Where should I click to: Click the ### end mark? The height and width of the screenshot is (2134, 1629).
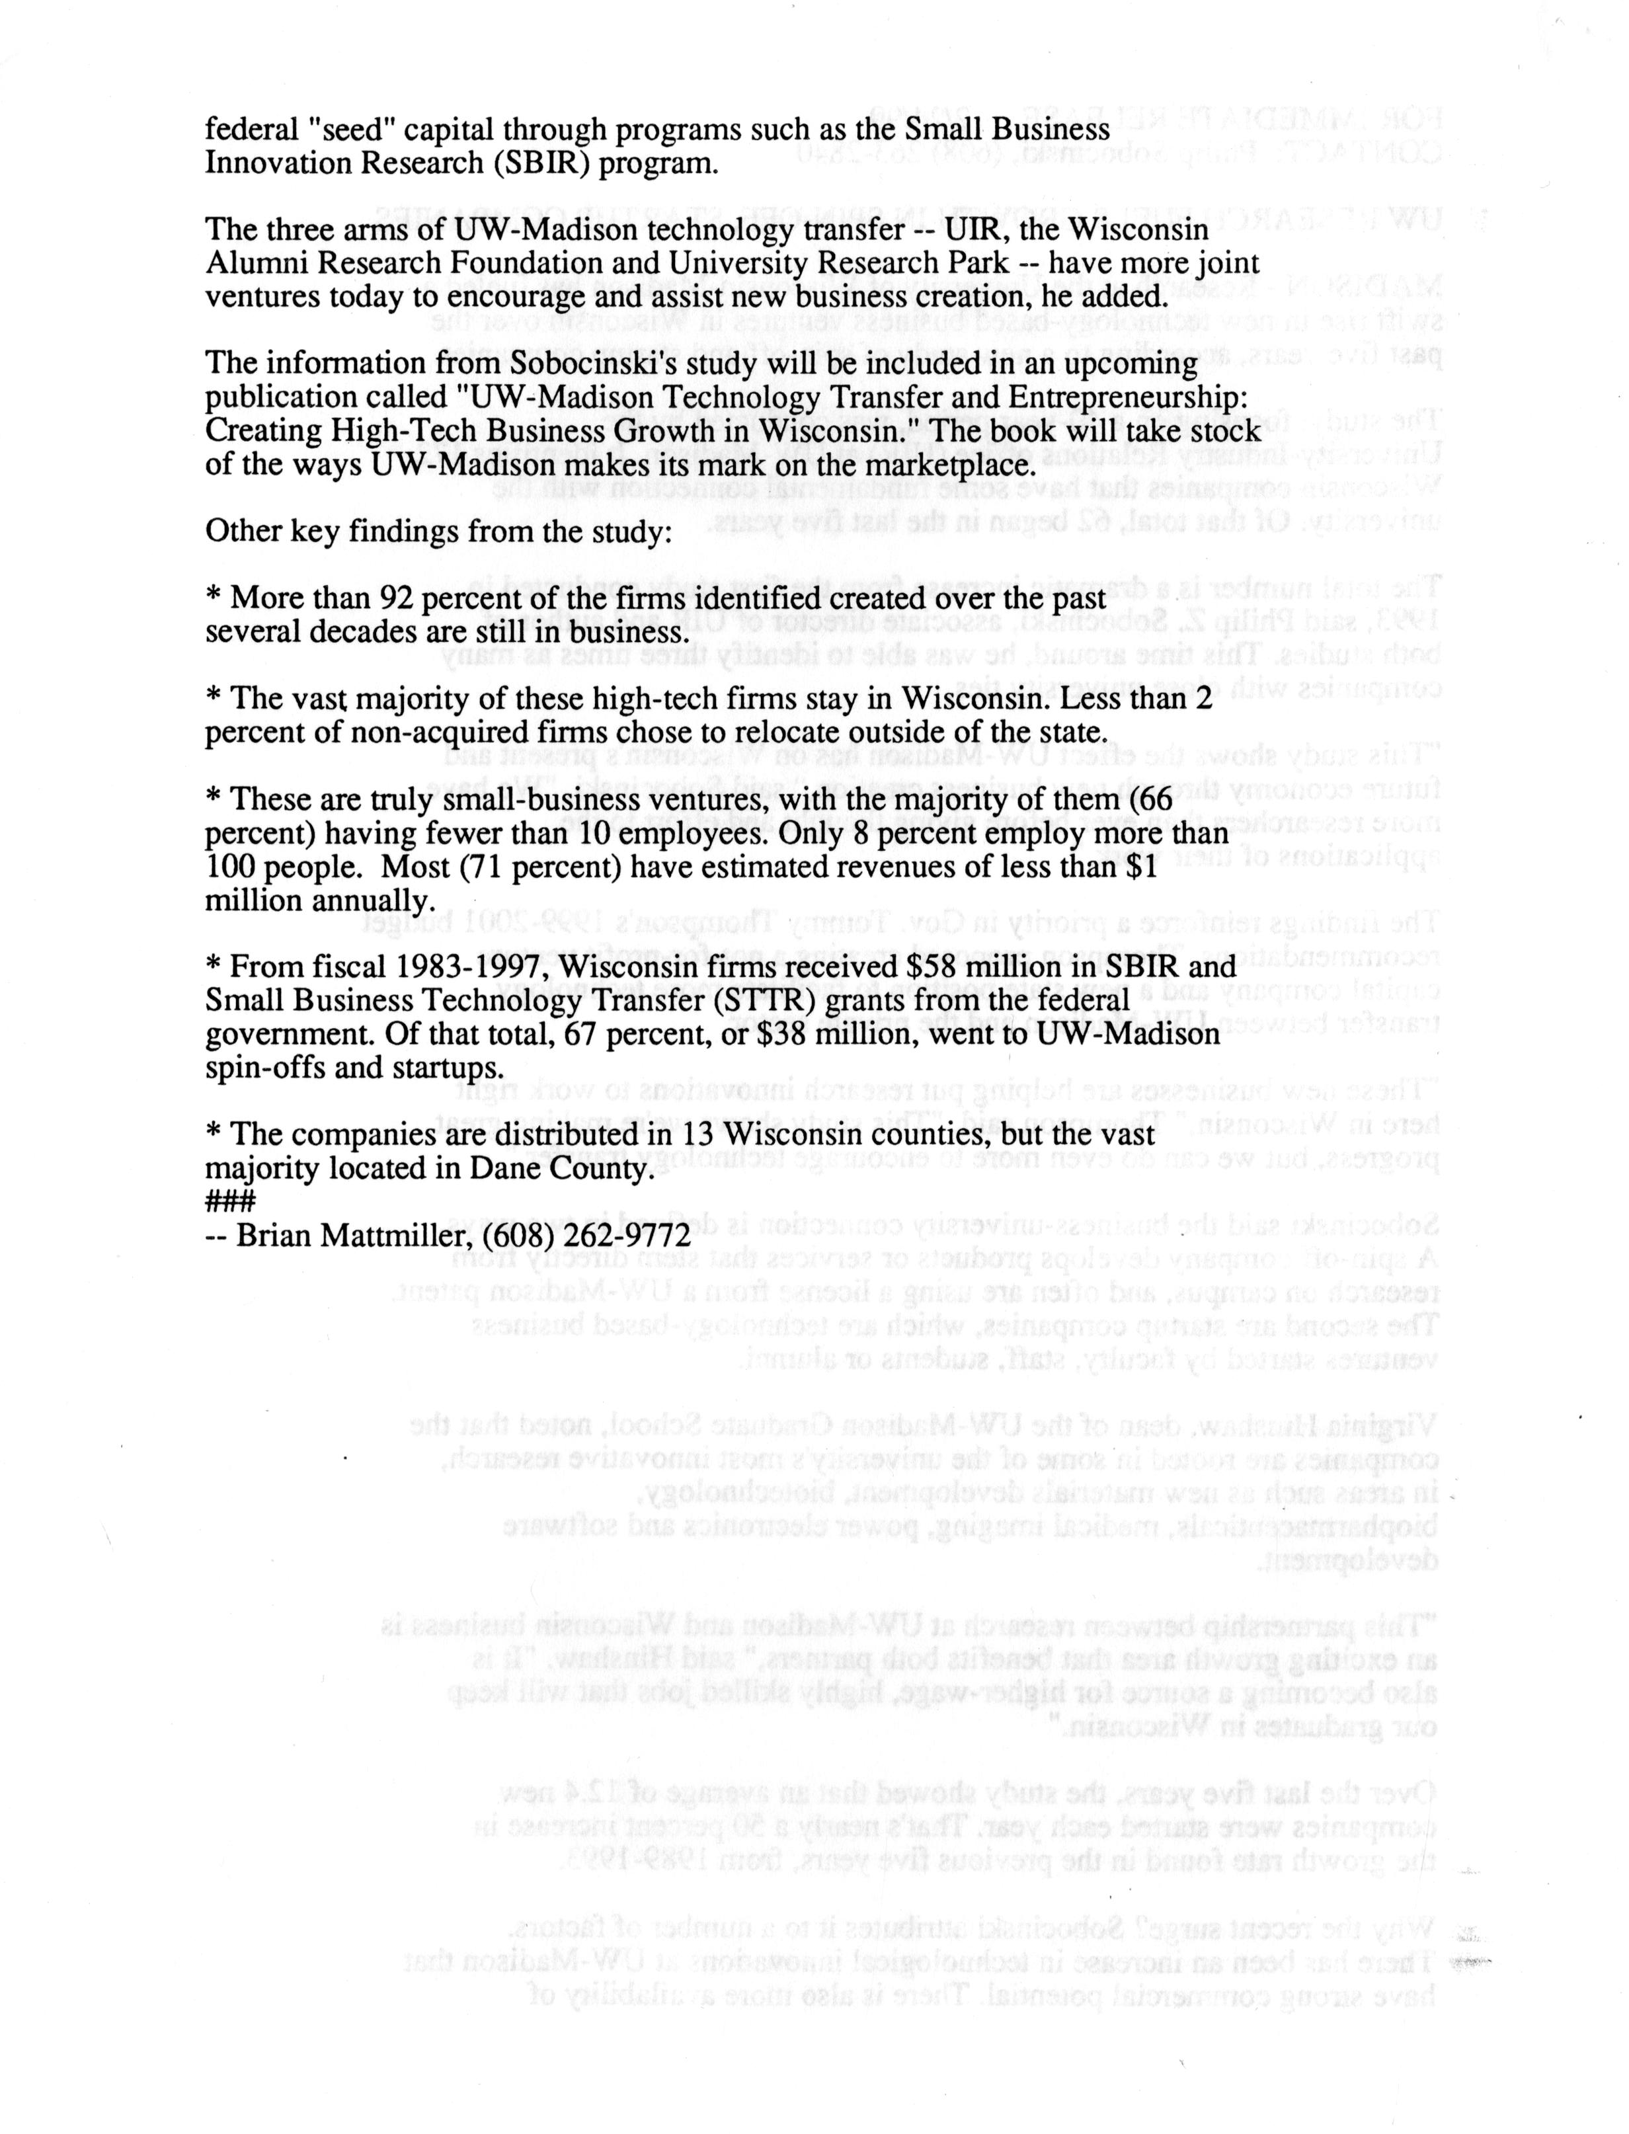[230, 1203]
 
